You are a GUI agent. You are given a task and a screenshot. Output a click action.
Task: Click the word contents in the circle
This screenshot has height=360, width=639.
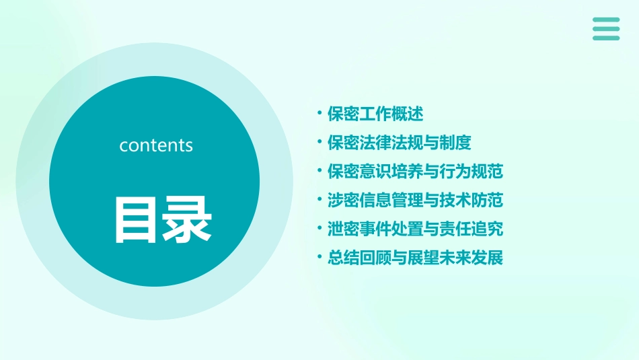coord(156,145)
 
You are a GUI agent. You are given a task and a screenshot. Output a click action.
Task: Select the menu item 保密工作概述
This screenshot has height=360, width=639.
coord(375,114)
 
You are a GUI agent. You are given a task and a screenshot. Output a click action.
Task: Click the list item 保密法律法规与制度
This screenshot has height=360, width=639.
coord(400,143)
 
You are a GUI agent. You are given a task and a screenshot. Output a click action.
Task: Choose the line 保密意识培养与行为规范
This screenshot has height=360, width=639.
coord(415,171)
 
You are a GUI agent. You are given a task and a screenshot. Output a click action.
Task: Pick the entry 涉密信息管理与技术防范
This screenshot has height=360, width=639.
coord(415,200)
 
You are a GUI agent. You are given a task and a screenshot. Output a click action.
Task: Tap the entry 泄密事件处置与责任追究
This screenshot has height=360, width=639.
coord(415,229)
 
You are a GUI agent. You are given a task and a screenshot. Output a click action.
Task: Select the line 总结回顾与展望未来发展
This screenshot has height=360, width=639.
coord(415,258)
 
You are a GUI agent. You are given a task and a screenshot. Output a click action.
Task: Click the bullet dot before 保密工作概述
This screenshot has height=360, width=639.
coord(319,114)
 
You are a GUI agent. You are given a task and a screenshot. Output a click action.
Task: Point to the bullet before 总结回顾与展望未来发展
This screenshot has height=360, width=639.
coord(319,258)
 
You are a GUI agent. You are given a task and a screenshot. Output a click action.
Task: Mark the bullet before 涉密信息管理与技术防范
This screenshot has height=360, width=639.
coord(319,200)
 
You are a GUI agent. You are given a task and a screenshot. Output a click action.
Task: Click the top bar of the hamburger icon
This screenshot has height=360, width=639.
coord(606,20)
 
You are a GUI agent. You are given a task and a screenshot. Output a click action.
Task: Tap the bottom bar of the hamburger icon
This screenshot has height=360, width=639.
coord(606,38)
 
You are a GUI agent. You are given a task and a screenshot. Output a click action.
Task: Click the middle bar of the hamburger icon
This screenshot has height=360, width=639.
coord(606,29)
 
